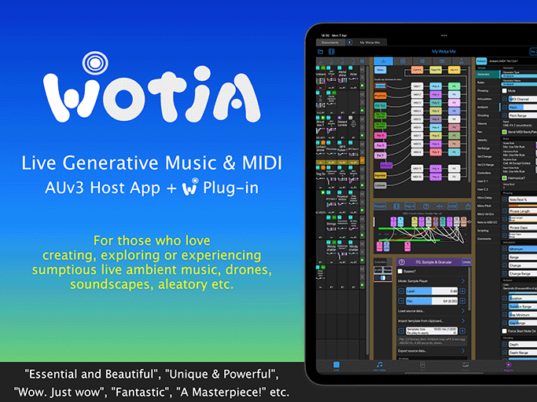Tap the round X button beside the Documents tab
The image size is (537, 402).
click(x=353, y=42)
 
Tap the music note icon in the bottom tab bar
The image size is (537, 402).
click(x=379, y=365)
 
